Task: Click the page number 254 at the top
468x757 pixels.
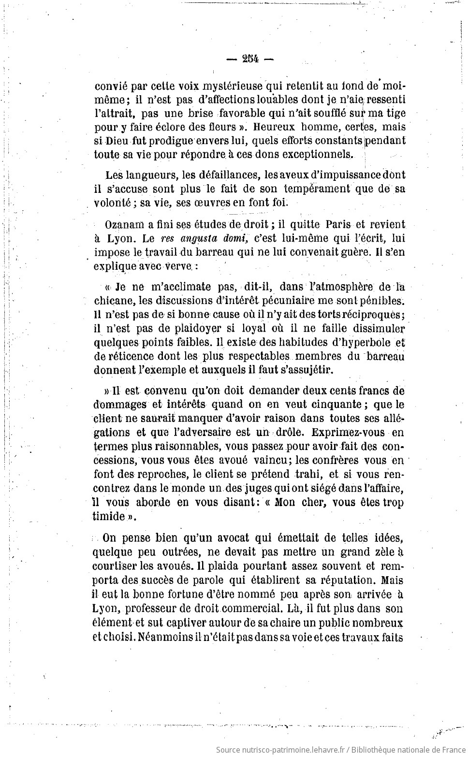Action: [x=250, y=59]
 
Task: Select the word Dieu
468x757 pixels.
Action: [x=117, y=141]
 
